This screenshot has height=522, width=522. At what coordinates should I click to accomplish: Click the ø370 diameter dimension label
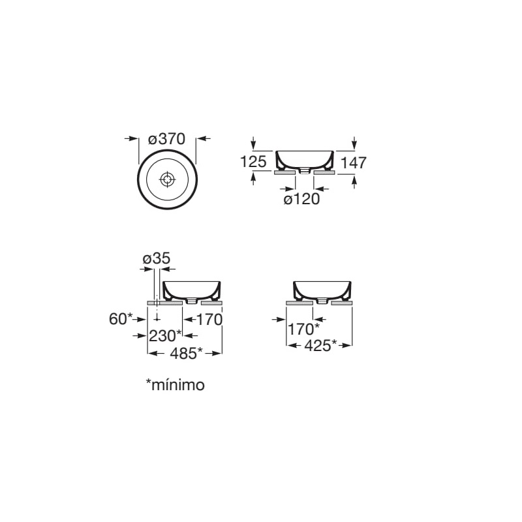(166, 139)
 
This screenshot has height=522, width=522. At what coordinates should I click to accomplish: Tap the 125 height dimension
(253, 162)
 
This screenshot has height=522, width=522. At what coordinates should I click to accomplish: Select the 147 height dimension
(354, 162)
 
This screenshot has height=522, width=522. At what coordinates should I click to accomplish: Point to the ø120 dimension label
(301, 199)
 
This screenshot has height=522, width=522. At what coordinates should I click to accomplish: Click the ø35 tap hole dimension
(157, 258)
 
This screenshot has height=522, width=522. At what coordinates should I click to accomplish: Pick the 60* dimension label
(121, 319)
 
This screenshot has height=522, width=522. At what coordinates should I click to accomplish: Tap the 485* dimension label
(187, 353)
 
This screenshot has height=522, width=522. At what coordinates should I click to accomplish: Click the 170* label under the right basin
(303, 330)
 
